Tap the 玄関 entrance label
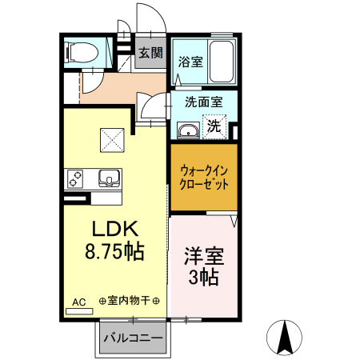[150, 54]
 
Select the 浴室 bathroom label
[190, 62]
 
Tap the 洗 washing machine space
[214, 126]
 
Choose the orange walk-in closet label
[204, 176]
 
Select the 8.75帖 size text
[114, 251]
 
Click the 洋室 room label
[204, 258]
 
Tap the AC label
[78, 302]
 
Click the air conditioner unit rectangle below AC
[79, 310]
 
